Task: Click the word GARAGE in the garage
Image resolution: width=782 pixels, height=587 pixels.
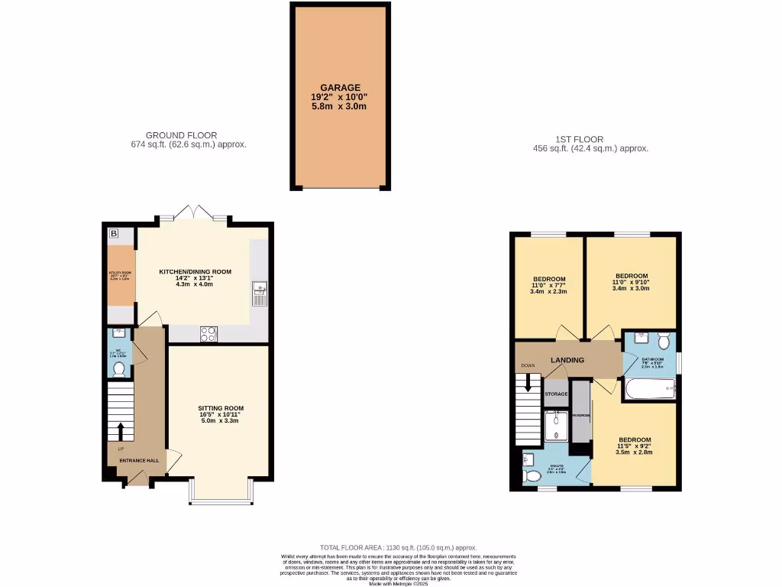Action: point(340,88)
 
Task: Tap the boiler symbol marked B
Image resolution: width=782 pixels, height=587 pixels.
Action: point(114,233)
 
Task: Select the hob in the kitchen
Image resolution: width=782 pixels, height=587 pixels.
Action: point(208,333)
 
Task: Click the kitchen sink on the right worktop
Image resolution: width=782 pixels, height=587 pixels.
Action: point(259,288)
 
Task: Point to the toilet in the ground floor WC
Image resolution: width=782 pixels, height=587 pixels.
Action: point(118,369)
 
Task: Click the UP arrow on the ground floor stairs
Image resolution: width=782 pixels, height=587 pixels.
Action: point(119,431)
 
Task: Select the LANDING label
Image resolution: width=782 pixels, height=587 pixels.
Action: point(567,360)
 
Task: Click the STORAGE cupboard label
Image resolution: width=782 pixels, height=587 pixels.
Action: point(556,394)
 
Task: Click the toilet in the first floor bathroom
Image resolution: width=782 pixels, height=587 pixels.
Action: point(663,340)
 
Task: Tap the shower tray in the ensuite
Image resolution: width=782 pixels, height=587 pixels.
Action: point(557,424)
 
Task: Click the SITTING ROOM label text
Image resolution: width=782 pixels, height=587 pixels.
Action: point(220,409)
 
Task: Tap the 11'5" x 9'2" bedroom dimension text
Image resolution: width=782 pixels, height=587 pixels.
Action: point(635,446)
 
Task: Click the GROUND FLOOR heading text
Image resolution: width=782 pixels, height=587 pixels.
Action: point(181,135)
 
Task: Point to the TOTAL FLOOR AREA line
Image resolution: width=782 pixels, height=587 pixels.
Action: point(398,547)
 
